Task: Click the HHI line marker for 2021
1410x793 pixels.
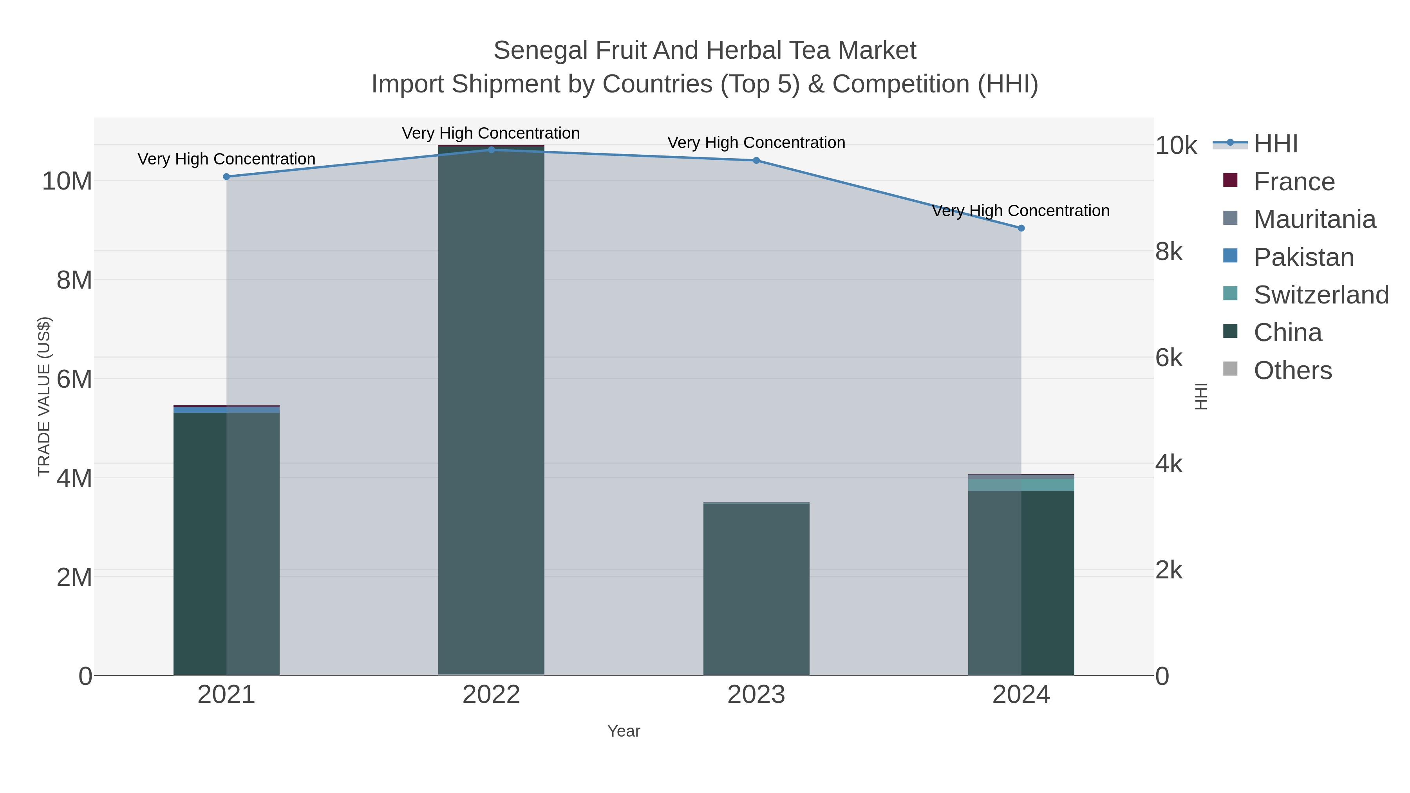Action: [x=227, y=177]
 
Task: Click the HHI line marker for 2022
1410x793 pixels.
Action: [x=491, y=150]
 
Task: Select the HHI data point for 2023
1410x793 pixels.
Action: [x=756, y=160]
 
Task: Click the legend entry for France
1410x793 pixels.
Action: [x=1294, y=182]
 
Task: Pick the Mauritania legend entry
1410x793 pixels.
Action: [x=1314, y=219]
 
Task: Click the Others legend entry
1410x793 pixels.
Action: [x=1292, y=370]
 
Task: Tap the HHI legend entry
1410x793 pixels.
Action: [x=1275, y=144]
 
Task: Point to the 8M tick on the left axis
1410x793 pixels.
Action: [x=74, y=280]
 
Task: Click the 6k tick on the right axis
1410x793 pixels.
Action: [x=1169, y=358]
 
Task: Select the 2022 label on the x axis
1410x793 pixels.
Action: [x=491, y=695]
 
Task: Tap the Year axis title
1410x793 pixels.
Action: [x=624, y=731]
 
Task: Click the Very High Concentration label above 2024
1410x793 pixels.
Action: [x=1020, y=211]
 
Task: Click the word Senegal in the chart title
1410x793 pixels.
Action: [x=541, y=51]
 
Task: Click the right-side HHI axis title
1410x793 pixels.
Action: [x=1201, y=396]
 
